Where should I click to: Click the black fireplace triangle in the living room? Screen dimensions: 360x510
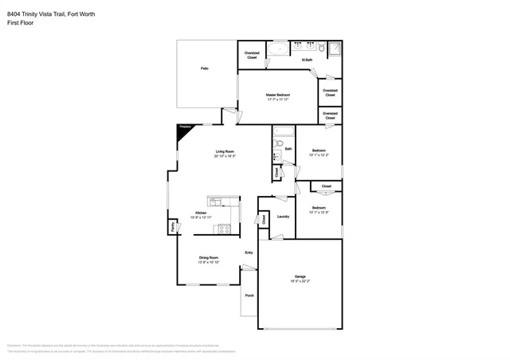pyautogui.click(x=182, y=130)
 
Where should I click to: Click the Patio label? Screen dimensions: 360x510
pyautogui.click(x=205, y=69)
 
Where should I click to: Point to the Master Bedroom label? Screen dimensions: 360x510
pyautogui.click(x=278, y=95)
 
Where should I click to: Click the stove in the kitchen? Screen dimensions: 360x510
pyautogui.click(x=225, y=229)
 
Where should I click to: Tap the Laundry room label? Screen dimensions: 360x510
pyautogui.click(x=282, y=216)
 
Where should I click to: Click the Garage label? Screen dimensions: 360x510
pyautogui.click(x=300, y=277)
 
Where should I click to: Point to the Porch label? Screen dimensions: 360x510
pyautogui.click(x=249, y=295)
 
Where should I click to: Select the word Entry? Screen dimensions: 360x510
pyautogui.click(x=249, y=253)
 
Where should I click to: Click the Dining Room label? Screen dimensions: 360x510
pyautogui.click(x=208, y=257)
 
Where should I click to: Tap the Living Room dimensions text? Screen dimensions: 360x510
pyautogui.click(x=225, y=156)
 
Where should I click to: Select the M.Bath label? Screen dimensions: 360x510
pyautogui.click(x=306, y=60)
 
